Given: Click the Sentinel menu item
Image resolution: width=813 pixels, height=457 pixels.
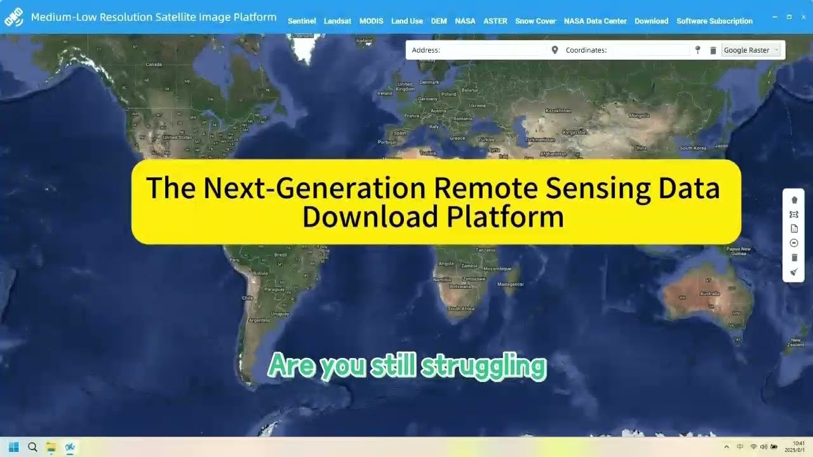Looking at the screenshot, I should [302, 21].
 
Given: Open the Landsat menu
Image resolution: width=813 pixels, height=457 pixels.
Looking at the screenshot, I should [337, 21].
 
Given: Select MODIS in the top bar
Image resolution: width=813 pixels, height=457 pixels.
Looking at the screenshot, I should [371, 21].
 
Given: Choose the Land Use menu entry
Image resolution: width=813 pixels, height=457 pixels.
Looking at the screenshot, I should [406, 21].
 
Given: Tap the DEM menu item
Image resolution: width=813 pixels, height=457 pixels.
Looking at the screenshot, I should [439, 21].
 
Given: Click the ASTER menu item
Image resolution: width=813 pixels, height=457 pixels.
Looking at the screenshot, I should [495, 21].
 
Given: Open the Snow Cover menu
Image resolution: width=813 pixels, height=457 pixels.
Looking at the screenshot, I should [535, 21].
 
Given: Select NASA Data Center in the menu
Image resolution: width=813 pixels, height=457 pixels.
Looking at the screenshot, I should [595, 21].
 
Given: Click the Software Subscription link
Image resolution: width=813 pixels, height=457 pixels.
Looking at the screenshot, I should [715, 21].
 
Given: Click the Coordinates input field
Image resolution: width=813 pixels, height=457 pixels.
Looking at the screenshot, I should [648, 50].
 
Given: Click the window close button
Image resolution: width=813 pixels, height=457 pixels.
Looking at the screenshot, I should [803, 17].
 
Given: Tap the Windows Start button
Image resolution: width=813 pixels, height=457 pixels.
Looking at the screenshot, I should [14, 447].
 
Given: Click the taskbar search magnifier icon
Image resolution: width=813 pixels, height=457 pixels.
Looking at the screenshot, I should [32, 447].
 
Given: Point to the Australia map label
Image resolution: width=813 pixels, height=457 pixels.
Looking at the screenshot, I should [709, 294].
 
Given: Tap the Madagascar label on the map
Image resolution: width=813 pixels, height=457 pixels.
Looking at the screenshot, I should [511, 284].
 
